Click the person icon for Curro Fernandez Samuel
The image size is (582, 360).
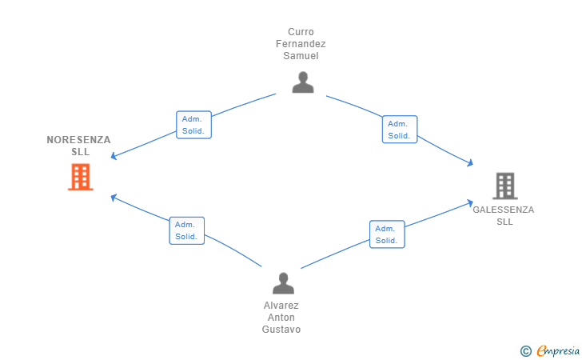tap(303, 82)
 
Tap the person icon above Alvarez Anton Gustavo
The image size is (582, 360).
tap(283, 283)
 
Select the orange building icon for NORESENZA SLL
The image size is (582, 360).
tap(81, 178)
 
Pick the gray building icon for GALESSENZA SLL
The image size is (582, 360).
tap(505, 186)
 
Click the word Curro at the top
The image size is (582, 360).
tap(301, 32)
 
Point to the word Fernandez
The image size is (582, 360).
tap(301, 44)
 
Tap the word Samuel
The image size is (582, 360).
tap(301, 56)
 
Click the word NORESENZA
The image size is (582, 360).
tap(78, 140)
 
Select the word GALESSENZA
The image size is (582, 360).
tap(504, 210)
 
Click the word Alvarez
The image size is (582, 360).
tap(281, 306)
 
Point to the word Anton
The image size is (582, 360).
tap(281, 318)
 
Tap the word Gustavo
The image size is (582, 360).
tap(281, 329)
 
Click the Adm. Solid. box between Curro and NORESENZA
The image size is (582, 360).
tap(193, 125)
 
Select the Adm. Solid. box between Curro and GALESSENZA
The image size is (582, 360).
tap(400, 130)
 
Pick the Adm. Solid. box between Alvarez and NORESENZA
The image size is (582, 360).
tap(187, 230)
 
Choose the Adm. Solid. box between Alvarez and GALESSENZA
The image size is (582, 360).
tap(387, 234)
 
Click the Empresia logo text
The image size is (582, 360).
tap(558, 350)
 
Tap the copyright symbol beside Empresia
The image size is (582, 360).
tap(525, 351)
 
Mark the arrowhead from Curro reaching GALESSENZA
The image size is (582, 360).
tap(470, 162)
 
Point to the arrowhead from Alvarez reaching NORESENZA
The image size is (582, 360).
tap(114, 198)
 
